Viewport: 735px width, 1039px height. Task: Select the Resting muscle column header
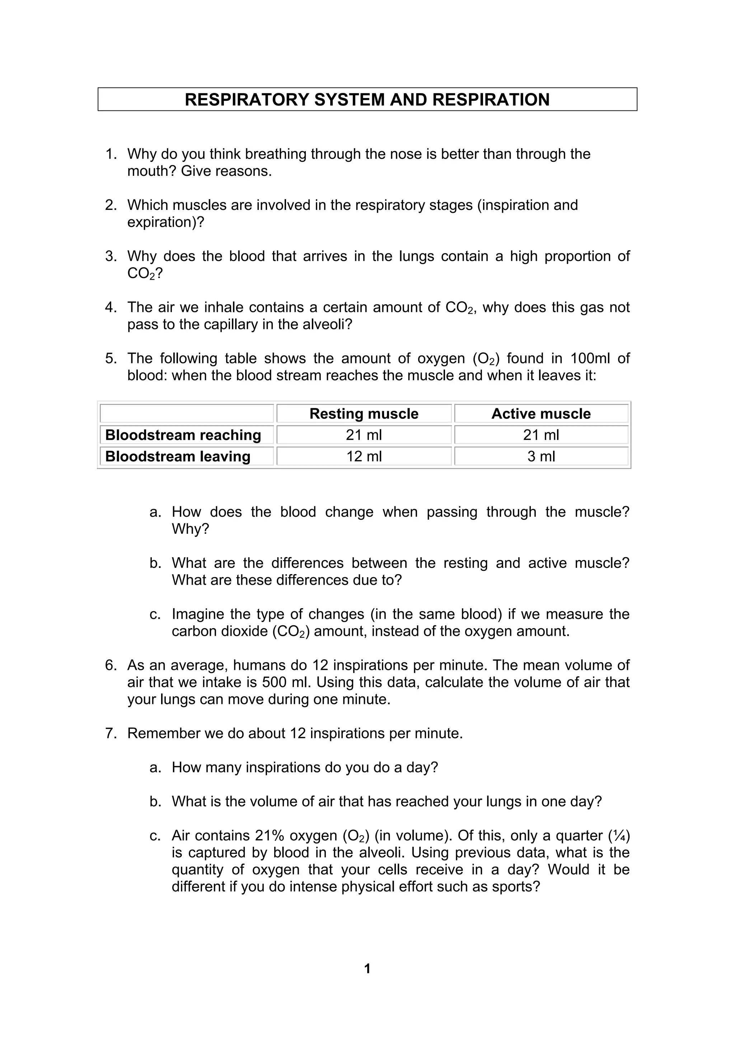[364, 414]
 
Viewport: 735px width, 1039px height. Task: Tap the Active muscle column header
[541, 414]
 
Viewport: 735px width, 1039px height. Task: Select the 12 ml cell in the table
[364, 456]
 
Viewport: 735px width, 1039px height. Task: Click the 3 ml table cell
[541, 456]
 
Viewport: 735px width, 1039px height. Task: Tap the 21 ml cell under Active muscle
[541, 435]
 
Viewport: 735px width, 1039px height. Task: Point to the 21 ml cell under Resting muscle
[364, 435]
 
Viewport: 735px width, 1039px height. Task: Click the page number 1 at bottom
[367, 968]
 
